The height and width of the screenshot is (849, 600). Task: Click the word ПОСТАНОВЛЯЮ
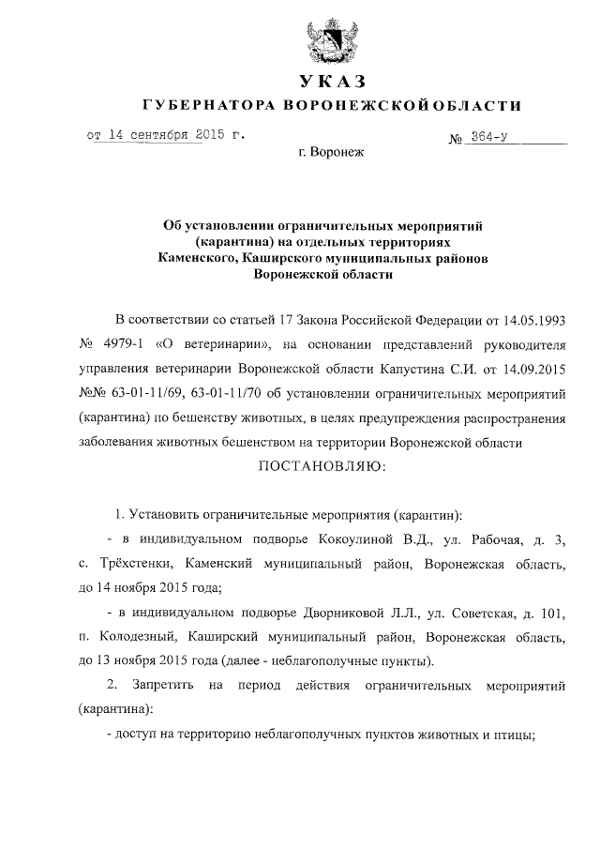click(322, 465)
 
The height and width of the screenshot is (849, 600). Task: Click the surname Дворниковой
click(363, 614)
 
